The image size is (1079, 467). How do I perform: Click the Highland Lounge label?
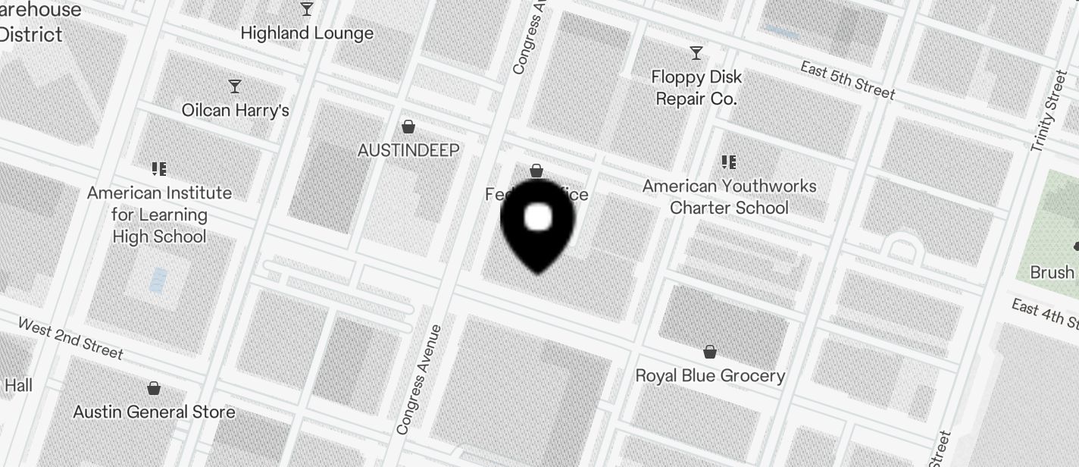[x=307, y=33]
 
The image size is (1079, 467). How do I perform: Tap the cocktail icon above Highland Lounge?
[x=307, y=9]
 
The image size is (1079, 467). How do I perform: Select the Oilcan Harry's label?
[x=236, y=111]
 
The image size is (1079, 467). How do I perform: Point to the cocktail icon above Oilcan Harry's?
[x=235, y=86]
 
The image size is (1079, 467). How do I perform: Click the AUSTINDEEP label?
[x=408, y=150]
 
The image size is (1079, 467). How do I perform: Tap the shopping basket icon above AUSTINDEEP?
[x=408, y=126]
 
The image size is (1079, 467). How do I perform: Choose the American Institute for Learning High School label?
[x=159, y=215]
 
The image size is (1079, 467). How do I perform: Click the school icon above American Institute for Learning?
[x=158, y=168]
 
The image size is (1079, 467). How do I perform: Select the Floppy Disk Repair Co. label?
[x=696, y=88]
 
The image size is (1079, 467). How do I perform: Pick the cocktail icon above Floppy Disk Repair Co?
[x=696, y=53]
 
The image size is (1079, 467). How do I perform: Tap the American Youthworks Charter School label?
[x=730, y=197]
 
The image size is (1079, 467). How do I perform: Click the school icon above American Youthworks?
[x=729, y=161]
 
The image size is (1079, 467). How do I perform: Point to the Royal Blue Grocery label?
[x=710, y=376]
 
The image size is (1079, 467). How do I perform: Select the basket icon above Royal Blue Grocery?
[x=710, y=352]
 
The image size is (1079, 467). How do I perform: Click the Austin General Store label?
[x=154, y=412]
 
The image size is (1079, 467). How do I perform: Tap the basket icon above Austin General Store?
[x=154, y=388]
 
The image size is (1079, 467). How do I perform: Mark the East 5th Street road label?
[x=848, y=80]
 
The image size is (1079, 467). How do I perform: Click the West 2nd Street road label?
[x=70, y=338]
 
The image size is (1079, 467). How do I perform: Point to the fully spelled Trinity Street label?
[x=1049, y=111]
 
